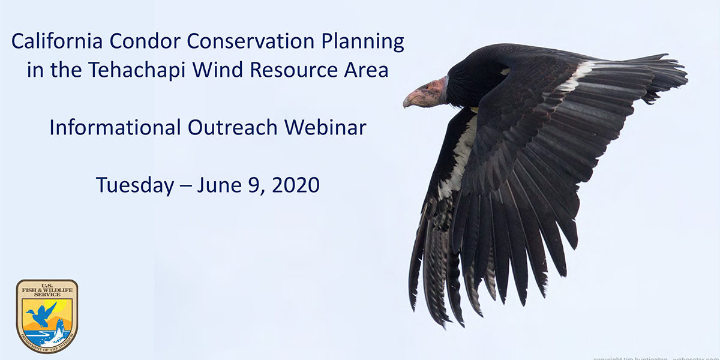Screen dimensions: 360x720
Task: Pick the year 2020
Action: [x=295, y=185]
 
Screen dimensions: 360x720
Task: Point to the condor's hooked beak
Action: [x=412, y=99]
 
